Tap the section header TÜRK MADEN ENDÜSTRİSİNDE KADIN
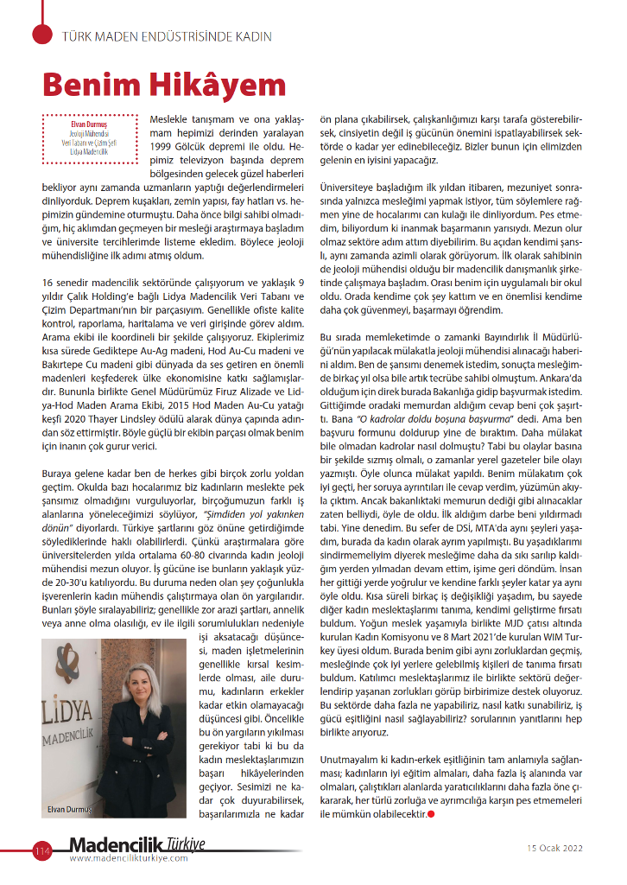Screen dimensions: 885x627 (167, 37)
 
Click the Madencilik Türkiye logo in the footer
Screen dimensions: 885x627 (138, 844)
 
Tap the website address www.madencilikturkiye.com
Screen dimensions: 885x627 (137, 858)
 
